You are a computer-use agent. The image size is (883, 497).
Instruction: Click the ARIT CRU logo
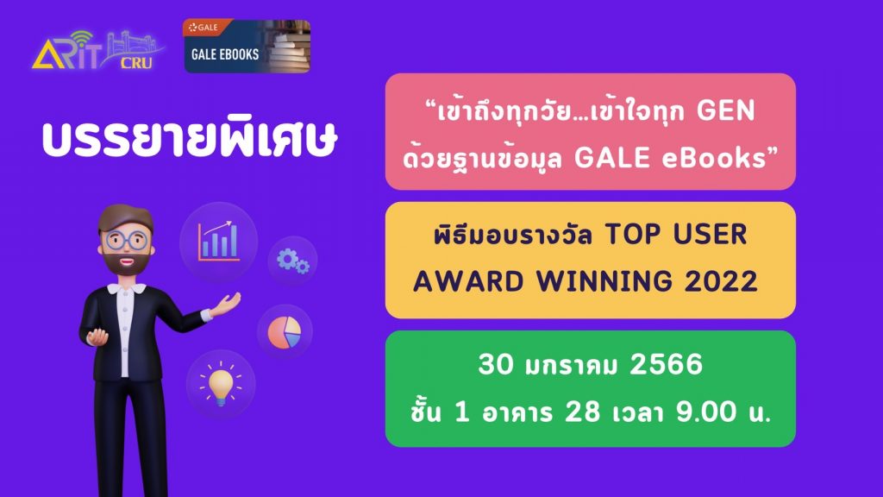[x=98, y=51]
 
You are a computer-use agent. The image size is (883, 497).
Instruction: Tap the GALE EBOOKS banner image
[x=247, y=47]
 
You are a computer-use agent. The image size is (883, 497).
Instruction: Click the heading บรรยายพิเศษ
[x=190, y=137]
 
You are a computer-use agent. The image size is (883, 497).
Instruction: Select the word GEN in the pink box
[x=725, y=110]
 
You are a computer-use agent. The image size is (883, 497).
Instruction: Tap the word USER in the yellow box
[x=711, y=235]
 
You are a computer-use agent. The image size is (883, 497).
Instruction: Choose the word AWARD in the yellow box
[x=468, y=281]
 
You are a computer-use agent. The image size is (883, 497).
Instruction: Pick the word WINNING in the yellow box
[x=604, y=281]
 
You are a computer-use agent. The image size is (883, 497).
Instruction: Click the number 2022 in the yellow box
[x=722, y=281]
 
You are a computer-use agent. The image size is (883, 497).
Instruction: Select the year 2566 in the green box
[x=667, y=364]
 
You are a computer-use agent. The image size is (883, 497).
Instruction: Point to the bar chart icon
[x=218, y=242]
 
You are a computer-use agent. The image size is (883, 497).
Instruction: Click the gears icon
[x=293, y=261]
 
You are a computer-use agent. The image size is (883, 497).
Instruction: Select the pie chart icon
[x=285, y=332]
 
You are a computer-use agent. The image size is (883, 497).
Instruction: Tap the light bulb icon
[x=221, y=383]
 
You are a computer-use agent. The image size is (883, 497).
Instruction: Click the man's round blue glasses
[x=126, y=241]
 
